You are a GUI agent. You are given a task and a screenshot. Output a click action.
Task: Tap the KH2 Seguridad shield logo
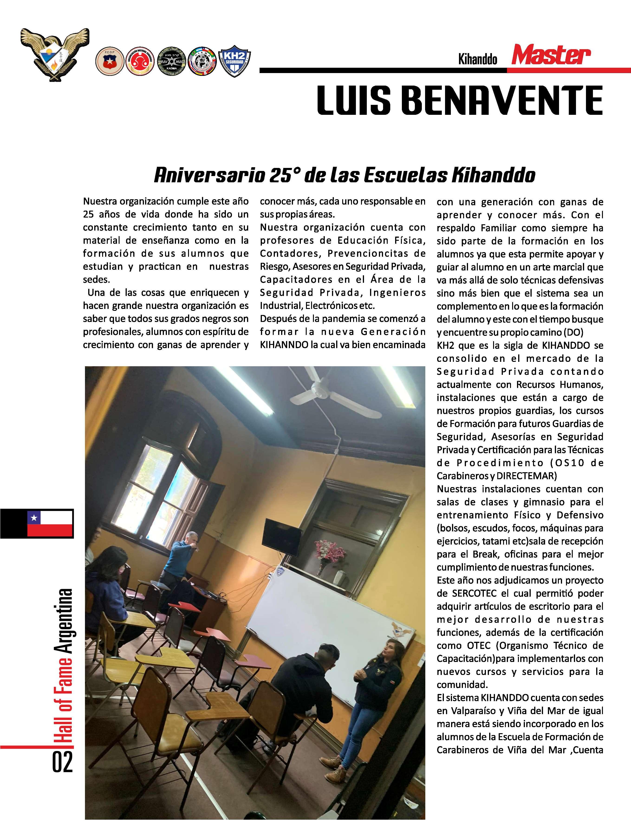[234, 61]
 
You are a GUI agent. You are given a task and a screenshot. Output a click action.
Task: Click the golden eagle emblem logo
[55, 53]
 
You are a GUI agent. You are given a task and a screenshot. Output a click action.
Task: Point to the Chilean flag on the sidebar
[50, 523]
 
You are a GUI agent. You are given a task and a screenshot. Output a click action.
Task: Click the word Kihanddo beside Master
[478, 59]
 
